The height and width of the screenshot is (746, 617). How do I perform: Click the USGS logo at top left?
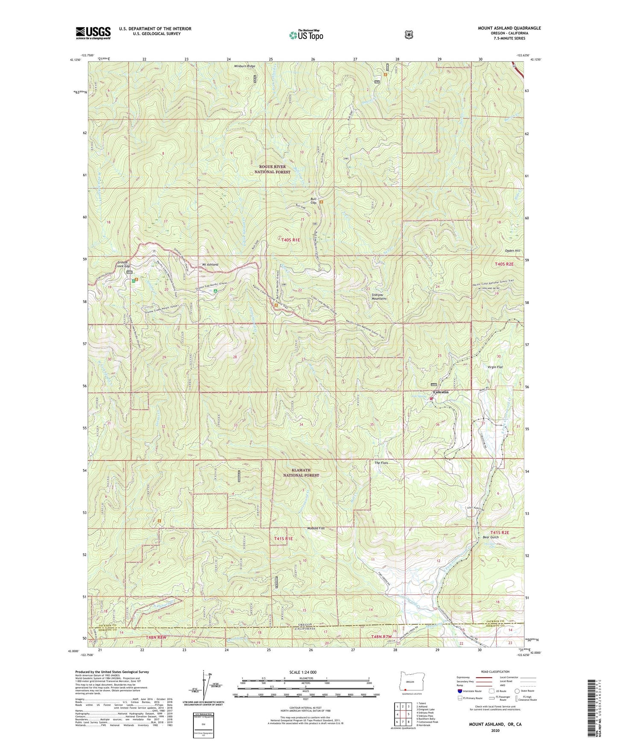point(93,32)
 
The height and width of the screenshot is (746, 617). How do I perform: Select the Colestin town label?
point(441,392)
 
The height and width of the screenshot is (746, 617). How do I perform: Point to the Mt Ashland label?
point(210,264)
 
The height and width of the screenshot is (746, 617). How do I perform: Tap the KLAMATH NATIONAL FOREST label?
point(301,472)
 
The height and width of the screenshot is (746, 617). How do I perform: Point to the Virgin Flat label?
point(495,367)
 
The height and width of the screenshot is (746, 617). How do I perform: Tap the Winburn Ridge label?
point(244,66)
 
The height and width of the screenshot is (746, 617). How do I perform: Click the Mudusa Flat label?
point(316,529)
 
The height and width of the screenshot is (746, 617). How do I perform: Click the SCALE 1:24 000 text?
point(303,672)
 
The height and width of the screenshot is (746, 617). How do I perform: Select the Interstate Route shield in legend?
point(459,690)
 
